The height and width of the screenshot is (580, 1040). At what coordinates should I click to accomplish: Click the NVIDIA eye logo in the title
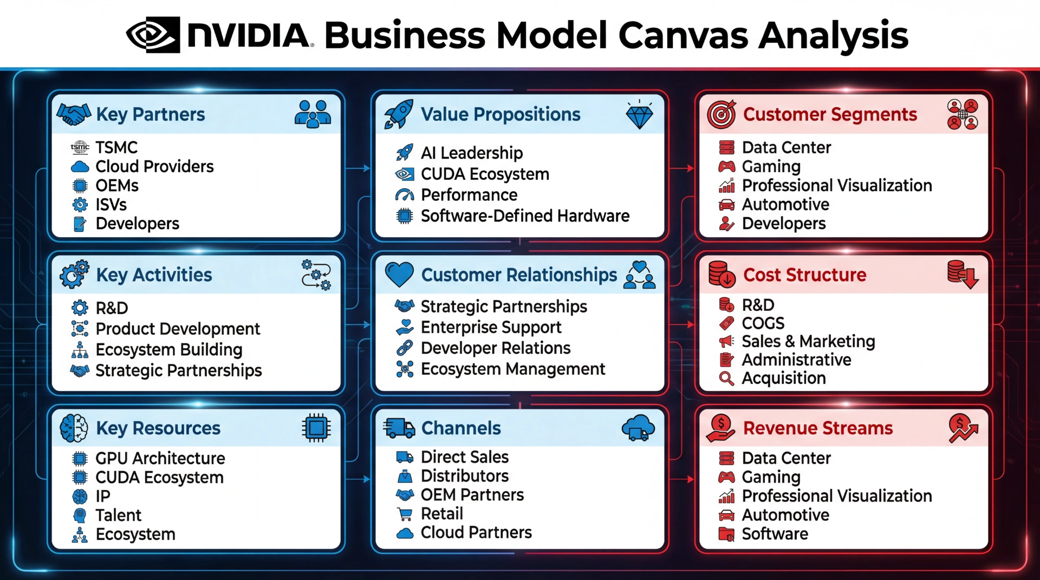(x=153, y=35)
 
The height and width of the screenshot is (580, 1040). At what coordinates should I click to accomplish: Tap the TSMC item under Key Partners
(x=116, y=147)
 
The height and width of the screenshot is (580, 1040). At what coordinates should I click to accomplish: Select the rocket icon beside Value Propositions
(x=399, y=114)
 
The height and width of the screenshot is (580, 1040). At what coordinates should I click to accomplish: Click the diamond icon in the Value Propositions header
(x=639, y=114)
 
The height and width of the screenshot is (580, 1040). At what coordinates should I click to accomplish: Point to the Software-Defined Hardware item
(x=525, y=216)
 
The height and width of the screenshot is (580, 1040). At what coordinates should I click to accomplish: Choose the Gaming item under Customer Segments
(x=771, y=166)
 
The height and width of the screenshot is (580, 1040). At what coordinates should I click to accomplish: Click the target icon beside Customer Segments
(x=721, y=114)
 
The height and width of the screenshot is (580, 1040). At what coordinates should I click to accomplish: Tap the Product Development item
(x=178, y=329)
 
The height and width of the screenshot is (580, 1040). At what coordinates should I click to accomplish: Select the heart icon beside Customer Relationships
(x=399, y=274)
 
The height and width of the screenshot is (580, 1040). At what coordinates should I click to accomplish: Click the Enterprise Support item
(x=491, y=327)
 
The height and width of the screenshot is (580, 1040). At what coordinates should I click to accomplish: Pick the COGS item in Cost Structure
(x=763, y=323)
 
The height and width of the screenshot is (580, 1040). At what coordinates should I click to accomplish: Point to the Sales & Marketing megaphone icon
(x=726, y=341)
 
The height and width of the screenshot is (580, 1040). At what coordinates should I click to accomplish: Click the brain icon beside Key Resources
(x=74, y=428)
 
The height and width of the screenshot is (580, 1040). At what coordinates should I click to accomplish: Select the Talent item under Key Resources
(x=118, y=515)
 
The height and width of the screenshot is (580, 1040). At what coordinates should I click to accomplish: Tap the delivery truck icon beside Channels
(x=399, y=428)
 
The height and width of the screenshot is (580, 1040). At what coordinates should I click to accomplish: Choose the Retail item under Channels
(x=441, y=513)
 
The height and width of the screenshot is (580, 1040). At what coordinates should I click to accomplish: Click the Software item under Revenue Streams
(x=775, y=533)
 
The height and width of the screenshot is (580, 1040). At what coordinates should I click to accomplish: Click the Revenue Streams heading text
(x=817, y=428)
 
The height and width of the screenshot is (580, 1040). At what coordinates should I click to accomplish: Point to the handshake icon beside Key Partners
(x=74, y=114)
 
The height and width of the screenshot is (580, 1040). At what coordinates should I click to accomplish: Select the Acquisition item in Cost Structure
(x=783, y=378)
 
